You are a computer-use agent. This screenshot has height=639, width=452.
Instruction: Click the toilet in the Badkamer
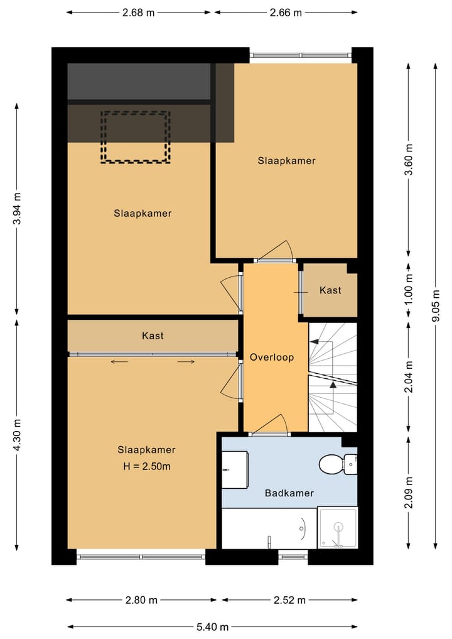[x=338, y=464]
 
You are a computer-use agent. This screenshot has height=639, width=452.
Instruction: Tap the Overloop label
[x=272, y=358]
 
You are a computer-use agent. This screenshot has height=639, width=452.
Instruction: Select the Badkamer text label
[x=289, y=493]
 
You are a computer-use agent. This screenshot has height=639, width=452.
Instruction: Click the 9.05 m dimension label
[x=436, y=305]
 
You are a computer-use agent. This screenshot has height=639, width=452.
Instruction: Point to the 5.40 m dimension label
[x=213, y=627]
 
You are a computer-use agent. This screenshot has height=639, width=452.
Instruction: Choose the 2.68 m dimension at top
[x=139, y=13]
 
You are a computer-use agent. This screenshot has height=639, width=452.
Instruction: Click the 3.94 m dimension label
[x=17, y=209]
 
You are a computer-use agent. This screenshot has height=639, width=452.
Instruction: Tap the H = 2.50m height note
[x=147, y=466]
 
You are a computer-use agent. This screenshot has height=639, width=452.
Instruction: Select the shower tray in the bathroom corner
[x=338, y=527]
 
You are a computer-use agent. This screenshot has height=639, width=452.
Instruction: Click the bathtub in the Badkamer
[x=269, y=528]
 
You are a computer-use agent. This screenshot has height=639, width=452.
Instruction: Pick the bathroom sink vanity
[x=235, y=469]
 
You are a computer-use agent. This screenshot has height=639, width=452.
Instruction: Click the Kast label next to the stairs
[x=330, y=290]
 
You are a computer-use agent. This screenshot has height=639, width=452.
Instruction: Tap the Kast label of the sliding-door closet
[x=153, y=336]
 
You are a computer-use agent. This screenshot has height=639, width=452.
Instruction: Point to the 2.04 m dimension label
[x=409, y=377]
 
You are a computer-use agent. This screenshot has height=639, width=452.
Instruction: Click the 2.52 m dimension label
[x=289, y=600]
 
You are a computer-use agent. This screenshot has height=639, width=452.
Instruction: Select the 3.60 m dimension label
[x=409, y=160]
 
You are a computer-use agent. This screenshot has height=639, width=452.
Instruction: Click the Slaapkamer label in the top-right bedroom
[x=287, y=161]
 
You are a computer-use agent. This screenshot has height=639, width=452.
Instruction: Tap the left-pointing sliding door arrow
[x=119, y=361]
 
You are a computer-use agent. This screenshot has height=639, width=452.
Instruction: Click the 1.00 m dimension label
[x=409, y=290]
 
